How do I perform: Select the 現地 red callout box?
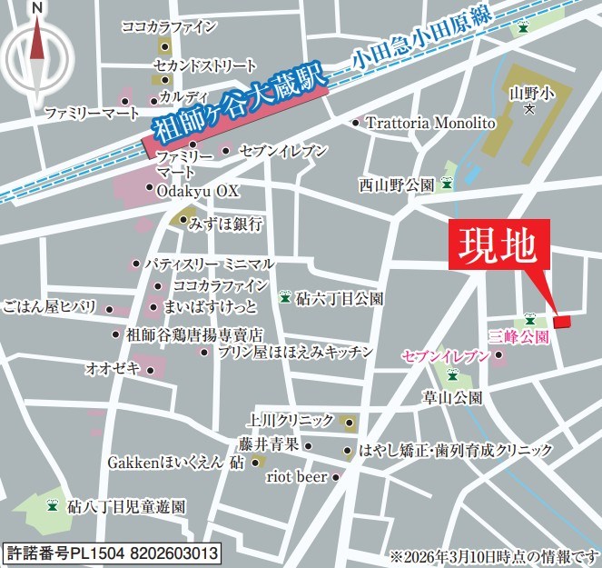500,244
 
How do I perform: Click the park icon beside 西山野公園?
447,184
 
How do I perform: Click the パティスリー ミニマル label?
209,264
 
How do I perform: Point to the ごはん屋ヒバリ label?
50,306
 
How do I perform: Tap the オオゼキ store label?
112,368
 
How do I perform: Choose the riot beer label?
295,476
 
